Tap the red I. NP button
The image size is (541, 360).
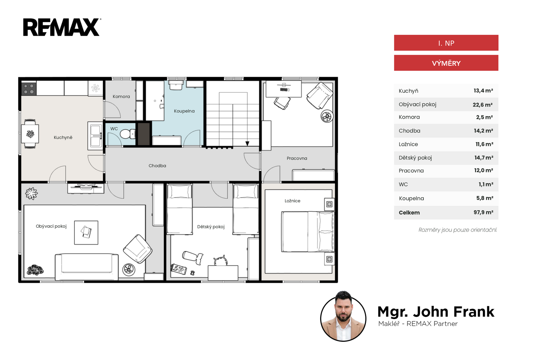click(x=446, y=43)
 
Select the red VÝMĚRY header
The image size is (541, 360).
click(x=446, y=63)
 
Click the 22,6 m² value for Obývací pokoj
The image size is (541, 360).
click(x=483, y=105)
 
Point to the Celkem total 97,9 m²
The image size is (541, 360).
click(x=483, y=212)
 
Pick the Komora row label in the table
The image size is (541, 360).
click(x=409, y=117)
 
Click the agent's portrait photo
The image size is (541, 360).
click(x=343, y=316)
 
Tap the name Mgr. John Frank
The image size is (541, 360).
click(x=436, y=312)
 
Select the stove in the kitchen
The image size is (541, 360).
click(x=29, y=88)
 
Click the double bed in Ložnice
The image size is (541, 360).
click(x=308, y=232)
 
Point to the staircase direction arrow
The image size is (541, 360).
click(x=247, y=143)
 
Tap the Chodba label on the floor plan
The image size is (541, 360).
click(x=157, y=166)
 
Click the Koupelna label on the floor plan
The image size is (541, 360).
click(x=184, y=111)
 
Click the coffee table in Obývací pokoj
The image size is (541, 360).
click(x=86, y=232)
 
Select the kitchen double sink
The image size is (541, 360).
click(x=95, y=136)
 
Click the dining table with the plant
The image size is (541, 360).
click(x=30, y=134)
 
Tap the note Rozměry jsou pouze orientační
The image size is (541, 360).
click(x=458, y=230)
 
